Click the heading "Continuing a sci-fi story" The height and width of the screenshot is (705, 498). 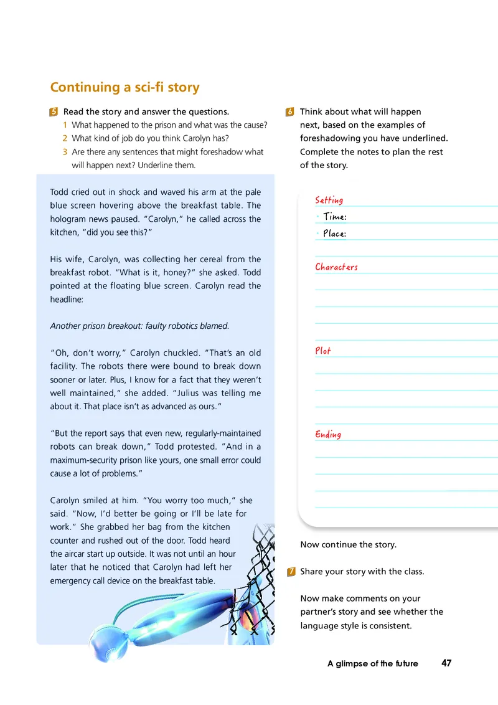pos(125,87)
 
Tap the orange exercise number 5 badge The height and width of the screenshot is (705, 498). pos(54,112)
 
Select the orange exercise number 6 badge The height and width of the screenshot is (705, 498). pos(291,112)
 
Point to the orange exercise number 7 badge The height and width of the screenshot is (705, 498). pos(291,572)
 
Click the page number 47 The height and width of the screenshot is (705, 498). pos(446,663)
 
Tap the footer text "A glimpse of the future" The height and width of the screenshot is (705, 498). pos(372,664)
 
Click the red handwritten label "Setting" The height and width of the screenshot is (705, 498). pos(329,200)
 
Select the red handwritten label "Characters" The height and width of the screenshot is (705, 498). pos(336,267)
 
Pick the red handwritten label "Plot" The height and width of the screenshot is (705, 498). pos(323,351)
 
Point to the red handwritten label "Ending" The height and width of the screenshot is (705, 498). pos(328,434)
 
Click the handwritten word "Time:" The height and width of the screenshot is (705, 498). pos(335,217)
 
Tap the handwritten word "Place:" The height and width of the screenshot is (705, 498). pos(335,234)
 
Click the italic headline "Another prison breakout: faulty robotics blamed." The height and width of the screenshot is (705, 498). pos(139,326)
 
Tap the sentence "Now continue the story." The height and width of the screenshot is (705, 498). pos(348,544)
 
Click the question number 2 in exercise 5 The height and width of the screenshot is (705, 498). pos(65,138)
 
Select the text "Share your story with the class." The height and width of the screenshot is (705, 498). pos(362,572)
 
